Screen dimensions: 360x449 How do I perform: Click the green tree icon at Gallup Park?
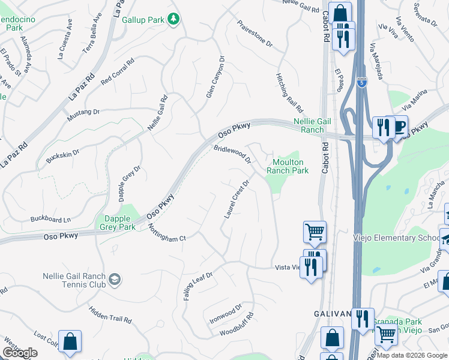[174, 20]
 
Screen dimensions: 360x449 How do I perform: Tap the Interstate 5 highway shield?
[361, 83]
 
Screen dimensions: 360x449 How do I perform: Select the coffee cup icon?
[397, 127]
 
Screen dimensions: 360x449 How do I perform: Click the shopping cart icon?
[315, 232]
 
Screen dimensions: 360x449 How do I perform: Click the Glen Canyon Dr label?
[215, 77]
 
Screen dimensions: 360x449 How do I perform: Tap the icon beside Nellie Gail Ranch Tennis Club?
[115, 280]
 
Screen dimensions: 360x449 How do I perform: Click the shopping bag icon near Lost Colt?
[70, 341]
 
